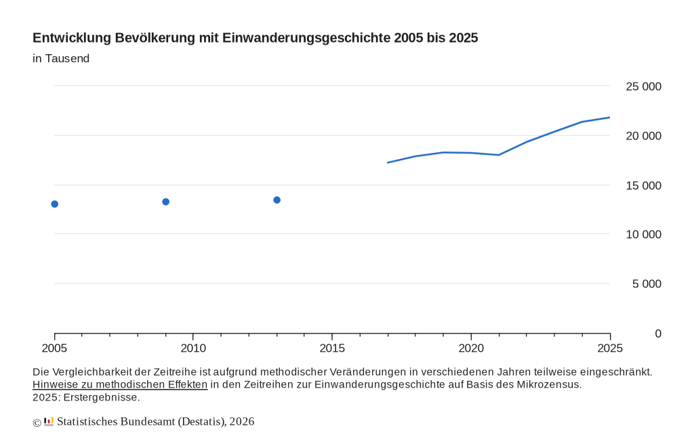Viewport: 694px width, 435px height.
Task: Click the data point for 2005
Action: pyautogui.click(x=55, y=204)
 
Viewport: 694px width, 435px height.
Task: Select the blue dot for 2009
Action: pyautogui.click(x=165, y=202)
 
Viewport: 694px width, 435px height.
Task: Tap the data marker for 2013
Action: pyautogui.click(x=277, y=200)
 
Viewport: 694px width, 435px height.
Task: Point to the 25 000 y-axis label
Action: pyautogui.click(x=643, y=87)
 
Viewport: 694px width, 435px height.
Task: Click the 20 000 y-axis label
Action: pyautogui.click(x=643, y=136)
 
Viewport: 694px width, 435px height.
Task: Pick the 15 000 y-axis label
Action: pyautogui.click(x=643, y=185)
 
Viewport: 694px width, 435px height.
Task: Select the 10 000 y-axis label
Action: pyautogui.click(x=643, y=235)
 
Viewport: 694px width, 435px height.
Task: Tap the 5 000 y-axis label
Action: pyautogui.click(x=647, y=284)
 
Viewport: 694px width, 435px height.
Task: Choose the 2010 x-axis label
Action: pyautogui.click(x=193, y=348)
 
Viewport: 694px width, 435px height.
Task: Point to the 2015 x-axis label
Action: pyautogui.click(x=332, y=348)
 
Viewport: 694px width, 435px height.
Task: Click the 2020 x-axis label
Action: pyautogui.click(x=471, y=348)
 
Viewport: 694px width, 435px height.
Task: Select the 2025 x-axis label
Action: pyautogui.click(x=609, y=348)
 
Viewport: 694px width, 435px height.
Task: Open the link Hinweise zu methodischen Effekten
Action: pyautogui.click(x=120, y=385)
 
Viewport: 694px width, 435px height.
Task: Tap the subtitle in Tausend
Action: pyautogui.click(x=61, y=59)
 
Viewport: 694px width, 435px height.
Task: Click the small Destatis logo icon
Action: pyautogui.click(x=49, y=421)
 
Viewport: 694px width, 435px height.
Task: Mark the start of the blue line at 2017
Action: pyautogui.click(x=388, y=162)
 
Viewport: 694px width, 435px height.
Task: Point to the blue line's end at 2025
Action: pyautogui.click(x=609, y=118)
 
